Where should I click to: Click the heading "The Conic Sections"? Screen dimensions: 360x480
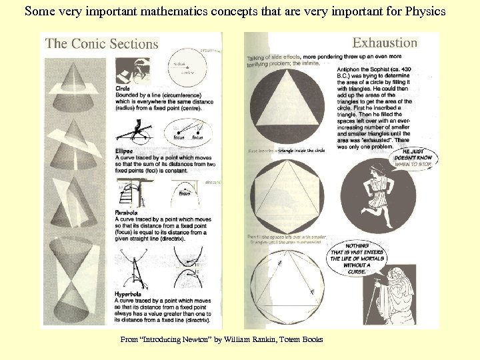point(102,44)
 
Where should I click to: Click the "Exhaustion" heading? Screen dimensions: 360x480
point(385,43)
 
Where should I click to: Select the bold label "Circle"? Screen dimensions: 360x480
point(123,87)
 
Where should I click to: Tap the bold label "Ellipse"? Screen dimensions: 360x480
point(124,151)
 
